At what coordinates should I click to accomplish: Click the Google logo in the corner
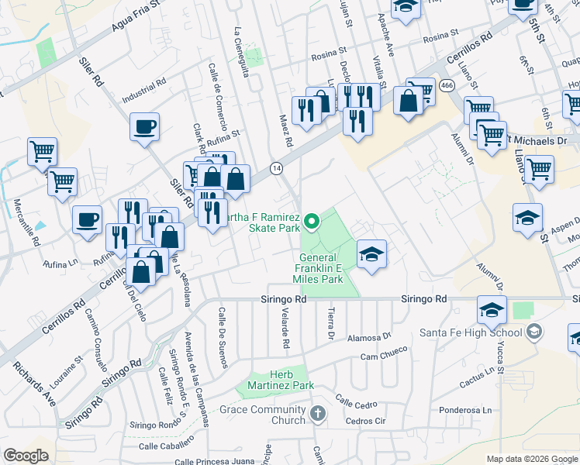pyautogui.click(x=26, y=456)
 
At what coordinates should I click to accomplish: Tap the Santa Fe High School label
pyautogui.click(x=482, y=332)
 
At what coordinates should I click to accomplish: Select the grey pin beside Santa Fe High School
pyautogui.click(x=533, y=332)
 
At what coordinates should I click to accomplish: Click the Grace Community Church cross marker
pyautogui.click(x=317, y=415)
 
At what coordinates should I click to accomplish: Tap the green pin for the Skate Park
pyautogui.click(x=312, y=222)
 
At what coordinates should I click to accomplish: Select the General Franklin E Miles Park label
pyautogui.click(x=318, y=268)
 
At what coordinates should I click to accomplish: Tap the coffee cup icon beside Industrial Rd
pyautogui.click(x=144, y=127)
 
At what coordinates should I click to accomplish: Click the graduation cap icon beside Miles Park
pyautogui.click(x=371, y=254)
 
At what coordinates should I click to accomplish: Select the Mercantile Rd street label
pyautogui.click(x=26, y=222)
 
